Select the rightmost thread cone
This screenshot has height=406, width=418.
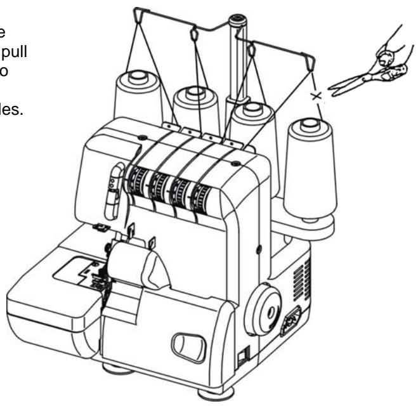308,168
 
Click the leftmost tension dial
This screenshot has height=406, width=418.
136,184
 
